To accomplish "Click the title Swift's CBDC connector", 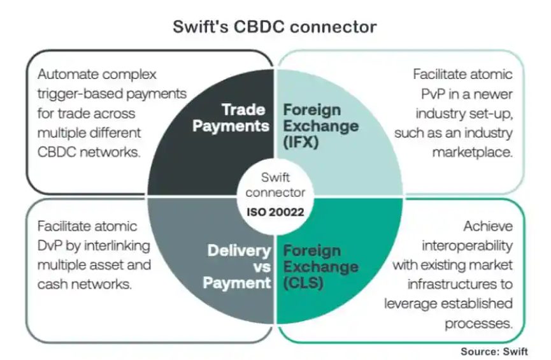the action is tap(275, 27).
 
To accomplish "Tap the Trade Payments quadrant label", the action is tap(231, 118).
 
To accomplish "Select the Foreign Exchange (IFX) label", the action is tap(321, 126).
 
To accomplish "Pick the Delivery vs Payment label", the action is tap(237, 267).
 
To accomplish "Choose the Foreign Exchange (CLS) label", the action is tap(321, 267).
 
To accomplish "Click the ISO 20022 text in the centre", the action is tap(275, 212).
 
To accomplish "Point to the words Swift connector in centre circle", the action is tap(275, 185).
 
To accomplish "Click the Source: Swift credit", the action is tap(494, 352).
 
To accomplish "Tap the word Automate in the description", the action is tap(68, 75).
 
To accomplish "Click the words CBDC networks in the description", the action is tap(89, 152).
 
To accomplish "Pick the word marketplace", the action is tap(472, 152).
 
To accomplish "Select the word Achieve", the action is tap(488, 226).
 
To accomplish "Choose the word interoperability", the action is tap(467, 246).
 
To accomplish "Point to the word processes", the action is tap(478, 324).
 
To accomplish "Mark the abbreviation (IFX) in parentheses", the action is tap(301, 142).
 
